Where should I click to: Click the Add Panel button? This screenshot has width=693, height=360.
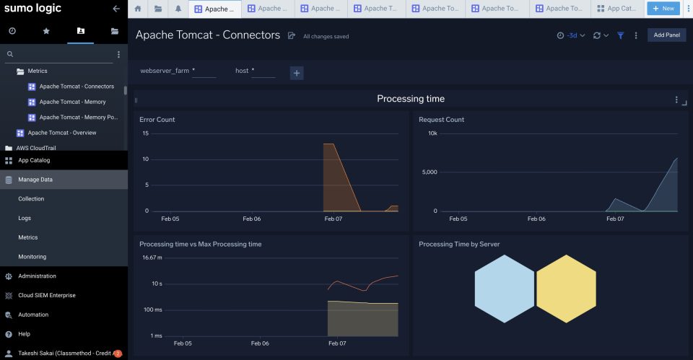click(x=666, y=35)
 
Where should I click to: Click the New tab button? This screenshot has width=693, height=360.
click(x=663, y=9)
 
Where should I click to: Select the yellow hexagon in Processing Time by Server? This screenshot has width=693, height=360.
click(x=567, y=289)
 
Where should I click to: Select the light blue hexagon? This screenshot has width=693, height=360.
click(x=505, y=289)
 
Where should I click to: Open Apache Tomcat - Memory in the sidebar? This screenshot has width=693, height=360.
click(x=72, y=102)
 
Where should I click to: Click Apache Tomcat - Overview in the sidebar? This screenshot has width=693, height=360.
click(x=61, y=133)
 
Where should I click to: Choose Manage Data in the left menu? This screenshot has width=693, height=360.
click(x=35, y=180)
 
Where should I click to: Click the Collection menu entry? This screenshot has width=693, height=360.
click(x=31, y=199)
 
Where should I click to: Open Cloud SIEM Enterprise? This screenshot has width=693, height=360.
click(x=46, y=296)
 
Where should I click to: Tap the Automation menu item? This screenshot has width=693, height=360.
click(x=33, y=315)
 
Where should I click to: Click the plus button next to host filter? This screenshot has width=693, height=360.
click(x=297, y=72)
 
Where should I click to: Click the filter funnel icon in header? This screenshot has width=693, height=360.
click(x=620, y=35)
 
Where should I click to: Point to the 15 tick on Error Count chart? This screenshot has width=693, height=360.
click(x=145, y=133)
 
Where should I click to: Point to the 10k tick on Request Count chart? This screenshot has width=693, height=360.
click(x=432, y=133)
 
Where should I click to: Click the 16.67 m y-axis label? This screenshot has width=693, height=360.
click(x=152, y=258)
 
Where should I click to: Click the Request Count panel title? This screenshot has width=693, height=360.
click(x=441, y=120)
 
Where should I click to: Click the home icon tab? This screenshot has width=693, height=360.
click(x=138, y=9)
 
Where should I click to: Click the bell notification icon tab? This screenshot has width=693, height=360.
click(x=178, y=9)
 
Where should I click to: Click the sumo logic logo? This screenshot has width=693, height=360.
click(x=33, y=9)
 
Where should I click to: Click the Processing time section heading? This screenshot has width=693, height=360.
click(x=411, y=99)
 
